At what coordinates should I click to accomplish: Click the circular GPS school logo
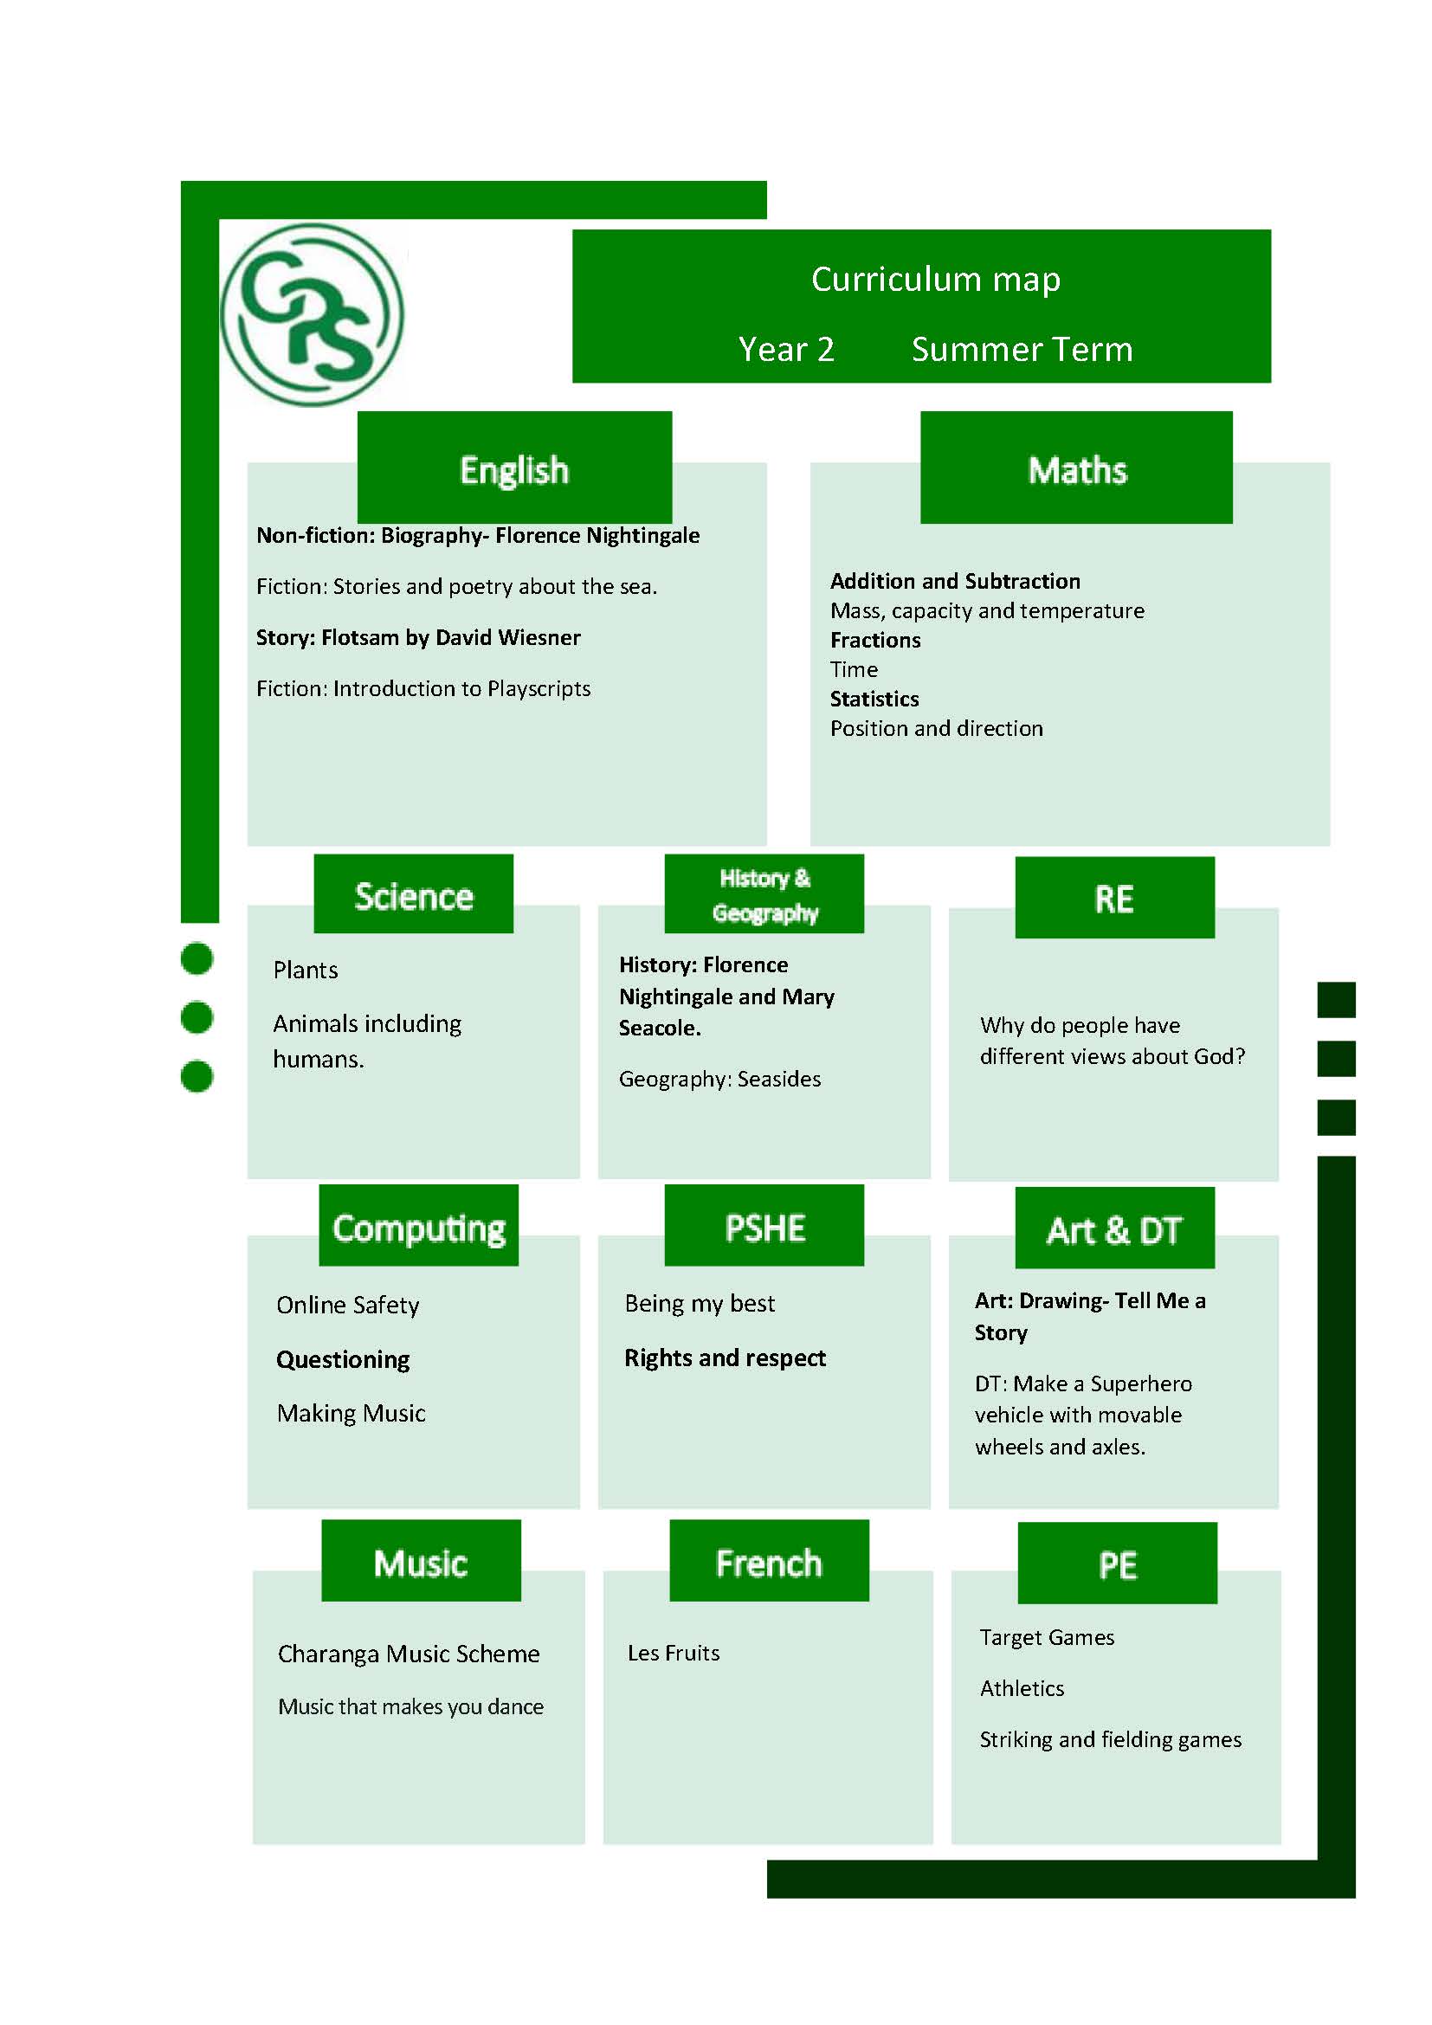point(312,315)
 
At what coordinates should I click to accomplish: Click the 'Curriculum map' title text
point(936,279)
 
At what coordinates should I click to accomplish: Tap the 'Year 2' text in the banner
point(786,349)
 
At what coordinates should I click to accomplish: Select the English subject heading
point(514,468)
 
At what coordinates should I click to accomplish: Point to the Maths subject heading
point(1077,468)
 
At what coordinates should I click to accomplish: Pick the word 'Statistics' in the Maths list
point(874,699)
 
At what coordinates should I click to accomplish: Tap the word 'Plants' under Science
point(305,971)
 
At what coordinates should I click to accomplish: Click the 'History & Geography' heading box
point(764,893)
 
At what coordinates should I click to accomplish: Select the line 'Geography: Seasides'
point(719,1079)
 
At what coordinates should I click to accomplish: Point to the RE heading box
point(1114,897)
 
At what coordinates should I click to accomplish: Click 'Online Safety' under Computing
point(347,1306)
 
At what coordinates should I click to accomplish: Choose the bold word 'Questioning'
point(343,1360)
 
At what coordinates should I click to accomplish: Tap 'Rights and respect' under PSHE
point(725,1358)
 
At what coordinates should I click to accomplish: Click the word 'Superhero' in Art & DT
point(1141,1383)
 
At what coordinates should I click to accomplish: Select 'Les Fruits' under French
point(674,1653)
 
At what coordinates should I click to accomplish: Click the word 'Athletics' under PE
point(1022,1688)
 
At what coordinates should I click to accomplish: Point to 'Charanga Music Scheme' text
point(409,1654)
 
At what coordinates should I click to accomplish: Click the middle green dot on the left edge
point(197,1017)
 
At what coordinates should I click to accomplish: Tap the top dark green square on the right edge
point(1336,999)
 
